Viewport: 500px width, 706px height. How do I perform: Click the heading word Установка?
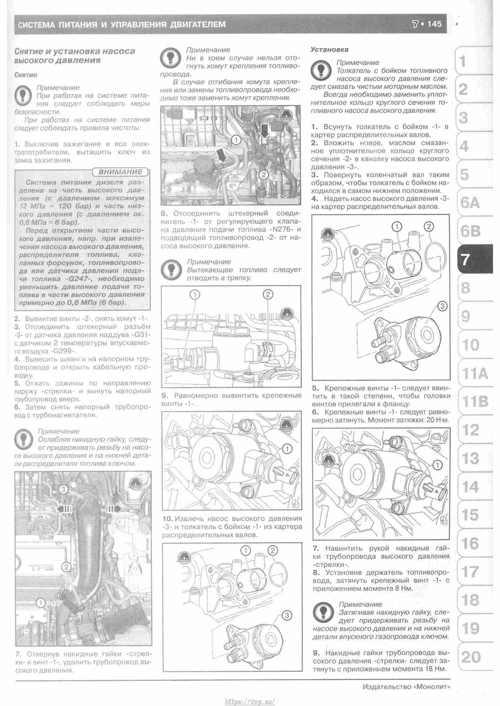point(329,49)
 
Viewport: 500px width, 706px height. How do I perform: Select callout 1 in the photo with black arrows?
point(235,140)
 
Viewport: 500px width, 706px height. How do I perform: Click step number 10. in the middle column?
point(168,519)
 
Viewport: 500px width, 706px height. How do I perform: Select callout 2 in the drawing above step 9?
point(268,295)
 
